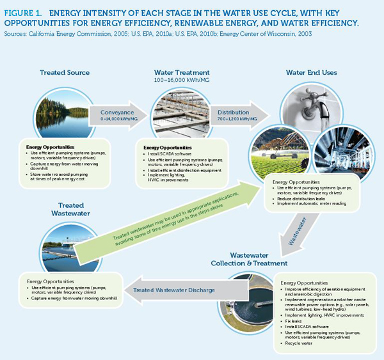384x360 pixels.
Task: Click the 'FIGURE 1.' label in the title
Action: [24, 12]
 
